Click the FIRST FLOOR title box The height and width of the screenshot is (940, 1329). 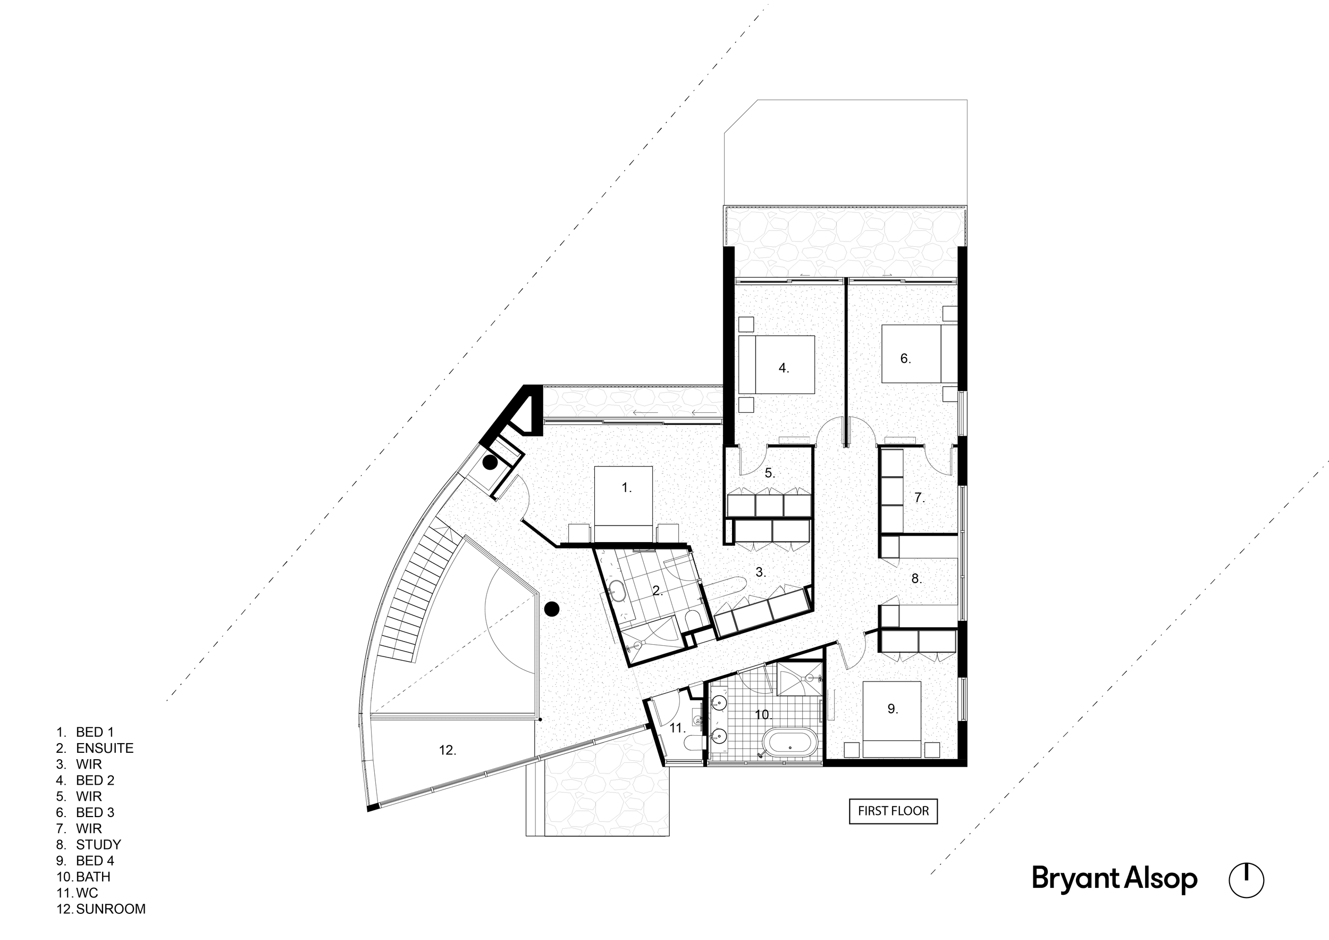tap(893, 811)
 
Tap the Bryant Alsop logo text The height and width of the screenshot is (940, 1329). tap(1114, 879)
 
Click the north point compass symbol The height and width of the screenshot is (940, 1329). tap(1246, 880)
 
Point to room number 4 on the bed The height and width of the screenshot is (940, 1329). tap(784, 368)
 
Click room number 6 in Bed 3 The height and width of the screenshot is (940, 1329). tap(905, 359)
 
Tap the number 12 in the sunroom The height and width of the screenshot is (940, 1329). tap(447, 751)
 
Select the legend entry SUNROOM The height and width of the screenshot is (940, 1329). tap(111, 909)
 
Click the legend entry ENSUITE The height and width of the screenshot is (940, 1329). tap(104, 748)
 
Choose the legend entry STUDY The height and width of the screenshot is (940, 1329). tap(98, 844)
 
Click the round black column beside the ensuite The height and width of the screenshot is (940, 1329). tap(552, 609)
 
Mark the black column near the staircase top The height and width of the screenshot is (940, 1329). tap(490, 463)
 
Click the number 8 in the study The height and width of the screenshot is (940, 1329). tap(916, 579)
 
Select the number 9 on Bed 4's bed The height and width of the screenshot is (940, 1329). tap(893, 709)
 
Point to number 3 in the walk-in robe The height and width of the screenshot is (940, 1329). tap(761, 572)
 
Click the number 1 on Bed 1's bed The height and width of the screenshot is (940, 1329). tap(626, 488)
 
